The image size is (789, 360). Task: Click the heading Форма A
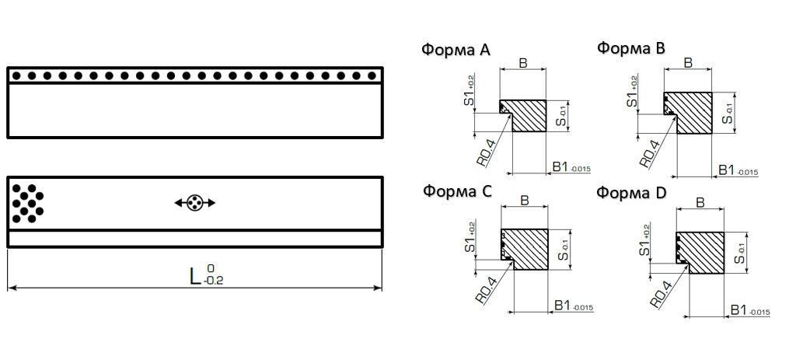(x=456, y=51)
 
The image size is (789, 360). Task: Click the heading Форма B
(x=631, y=48)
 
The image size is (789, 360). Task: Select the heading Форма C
(x=457, y=191)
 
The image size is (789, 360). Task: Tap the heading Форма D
(x=632, y=192)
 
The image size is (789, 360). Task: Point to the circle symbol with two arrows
(x=194, y=203)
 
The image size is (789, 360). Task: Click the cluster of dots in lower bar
(x=28, y=201)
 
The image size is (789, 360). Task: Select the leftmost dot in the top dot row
(x=16, y=76)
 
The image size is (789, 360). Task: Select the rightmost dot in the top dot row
(x=373, y=76)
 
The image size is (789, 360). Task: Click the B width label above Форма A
(x=523, y=63)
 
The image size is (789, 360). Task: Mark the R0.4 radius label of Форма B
(x=649, y=151)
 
